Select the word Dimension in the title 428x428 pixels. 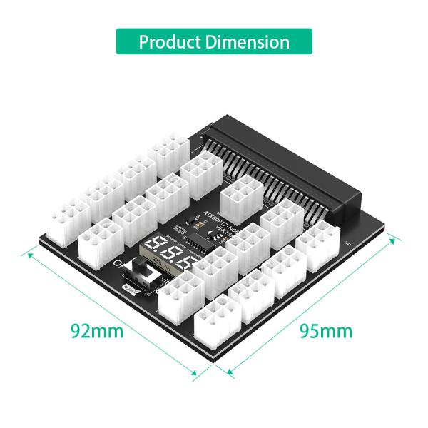coord(247,41)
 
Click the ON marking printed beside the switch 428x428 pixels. coord(123,265)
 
